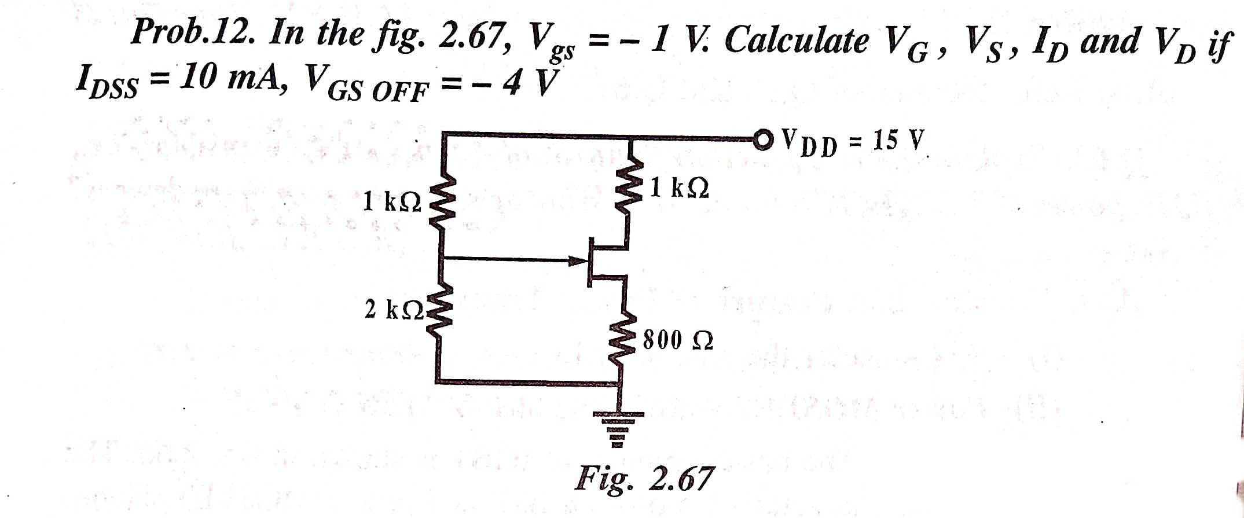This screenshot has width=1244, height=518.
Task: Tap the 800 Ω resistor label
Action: pos(678,340)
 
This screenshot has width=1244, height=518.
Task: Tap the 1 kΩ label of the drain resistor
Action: pos(679,188)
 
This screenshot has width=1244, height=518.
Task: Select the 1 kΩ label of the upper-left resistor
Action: pos(392,201)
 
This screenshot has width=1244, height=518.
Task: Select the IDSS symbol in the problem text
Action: pos(107,82)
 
